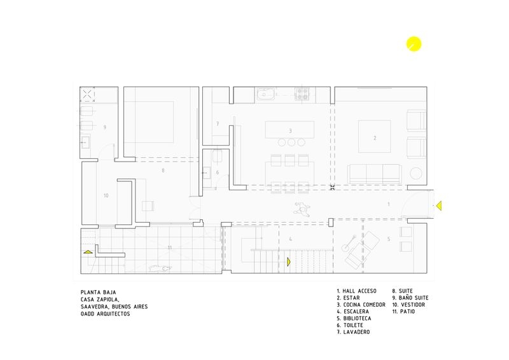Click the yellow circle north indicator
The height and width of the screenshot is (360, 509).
point(414,44)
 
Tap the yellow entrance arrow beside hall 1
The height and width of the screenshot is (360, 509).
point(438,205)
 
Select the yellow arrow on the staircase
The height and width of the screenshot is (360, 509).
point(289,261)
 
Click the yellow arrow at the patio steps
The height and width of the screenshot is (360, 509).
point(88,252)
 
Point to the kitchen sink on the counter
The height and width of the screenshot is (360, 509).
point(265,95)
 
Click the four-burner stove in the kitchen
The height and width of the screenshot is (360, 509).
point(302,94)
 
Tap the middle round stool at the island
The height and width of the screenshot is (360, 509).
point(291,142)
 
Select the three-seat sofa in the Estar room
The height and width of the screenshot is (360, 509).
point(374,174)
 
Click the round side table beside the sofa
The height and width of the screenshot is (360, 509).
point(416,174)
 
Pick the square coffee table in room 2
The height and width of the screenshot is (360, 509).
point(375,136)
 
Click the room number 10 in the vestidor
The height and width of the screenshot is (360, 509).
point(106,195)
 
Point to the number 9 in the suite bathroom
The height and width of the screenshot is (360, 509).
point(104,127)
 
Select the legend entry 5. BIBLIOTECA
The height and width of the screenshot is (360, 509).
point(354,318)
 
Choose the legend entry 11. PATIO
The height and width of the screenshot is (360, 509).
point(403,311)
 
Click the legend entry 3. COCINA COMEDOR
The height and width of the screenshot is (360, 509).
point(361,305)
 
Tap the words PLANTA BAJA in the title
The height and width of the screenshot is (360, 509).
point(99,292)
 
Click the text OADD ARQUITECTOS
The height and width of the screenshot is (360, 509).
point(106,314)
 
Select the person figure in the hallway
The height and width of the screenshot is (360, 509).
point(302,209)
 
